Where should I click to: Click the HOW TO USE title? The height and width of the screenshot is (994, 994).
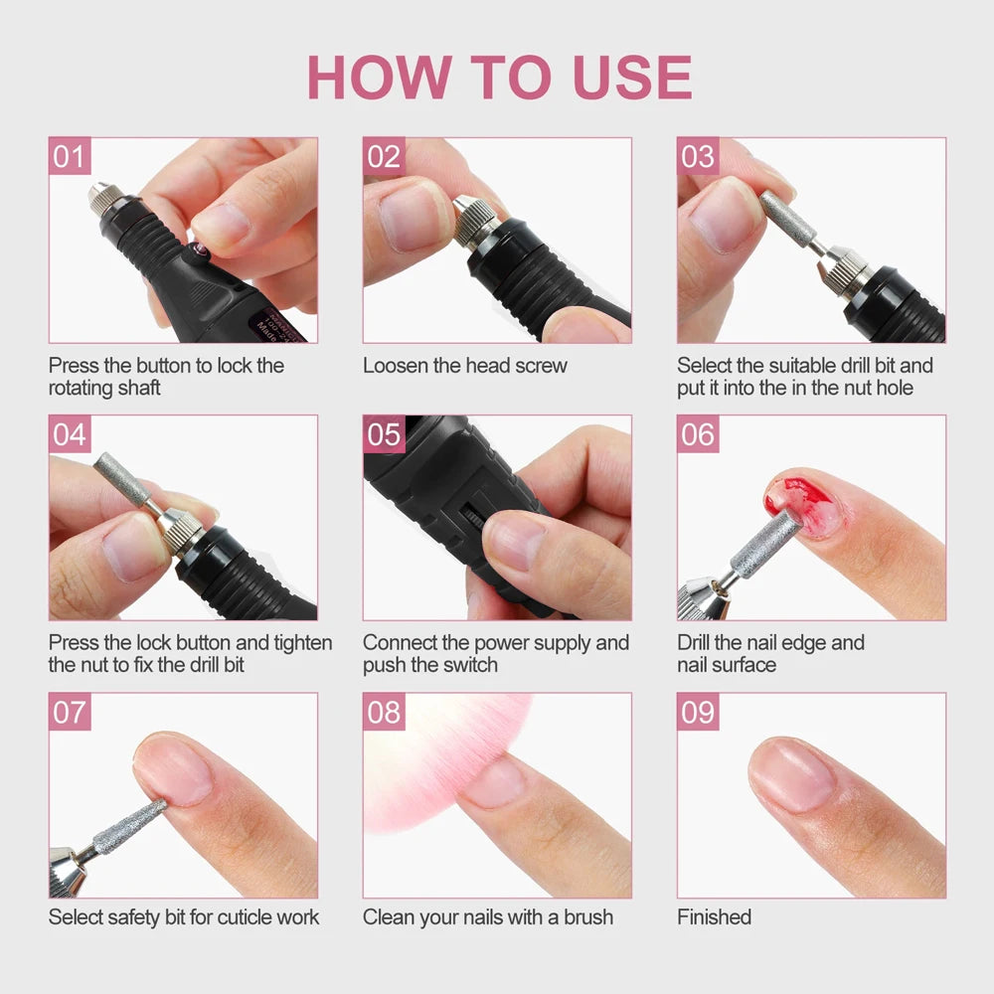coord(499,77)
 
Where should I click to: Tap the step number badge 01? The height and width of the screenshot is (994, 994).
coord(70,157)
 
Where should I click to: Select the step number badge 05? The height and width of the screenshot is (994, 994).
coord(384,434)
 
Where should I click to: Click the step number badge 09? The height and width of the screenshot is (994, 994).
coord(698,712)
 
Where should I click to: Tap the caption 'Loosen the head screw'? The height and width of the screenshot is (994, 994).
coord(464,366)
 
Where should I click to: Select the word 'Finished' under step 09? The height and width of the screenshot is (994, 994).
coord(714,916)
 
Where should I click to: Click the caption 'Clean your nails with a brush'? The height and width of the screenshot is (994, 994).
coord(487,916)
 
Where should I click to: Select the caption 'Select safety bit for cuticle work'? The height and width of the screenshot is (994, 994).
coord(184,916)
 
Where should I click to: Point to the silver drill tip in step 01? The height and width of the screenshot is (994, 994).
coord(100,194)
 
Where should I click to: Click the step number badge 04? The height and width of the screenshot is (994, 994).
coord(70,434)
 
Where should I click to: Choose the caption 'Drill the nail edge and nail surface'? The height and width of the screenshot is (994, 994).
coord(770,653)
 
